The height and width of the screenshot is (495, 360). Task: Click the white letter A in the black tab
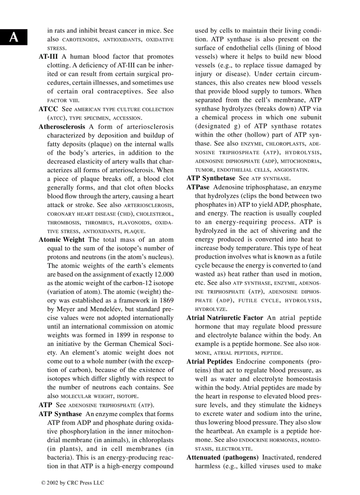tap(14, 37)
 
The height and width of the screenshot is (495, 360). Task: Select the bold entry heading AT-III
tap(49, 57)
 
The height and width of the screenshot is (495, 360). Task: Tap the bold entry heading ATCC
tap(49, 109)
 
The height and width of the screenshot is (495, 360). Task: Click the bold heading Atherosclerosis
tap(62, 127)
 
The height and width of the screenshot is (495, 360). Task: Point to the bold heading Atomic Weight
tap(61, 240)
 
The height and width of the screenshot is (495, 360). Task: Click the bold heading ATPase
tap(198, 187)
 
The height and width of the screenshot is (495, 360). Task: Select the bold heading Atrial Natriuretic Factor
tap(225, 318)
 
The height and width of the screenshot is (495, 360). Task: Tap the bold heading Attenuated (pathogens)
tap(222, 457)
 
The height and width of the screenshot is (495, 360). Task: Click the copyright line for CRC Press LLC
tap(73, 483)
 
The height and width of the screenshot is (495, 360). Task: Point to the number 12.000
tap(162, 274)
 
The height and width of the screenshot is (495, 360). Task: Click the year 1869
tap(165, 300)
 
